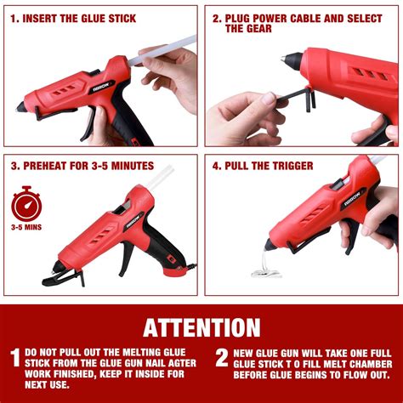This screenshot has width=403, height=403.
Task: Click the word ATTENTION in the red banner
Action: click(x=201, y=326)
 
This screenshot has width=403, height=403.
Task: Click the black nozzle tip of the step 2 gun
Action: click(x=288, y=60)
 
